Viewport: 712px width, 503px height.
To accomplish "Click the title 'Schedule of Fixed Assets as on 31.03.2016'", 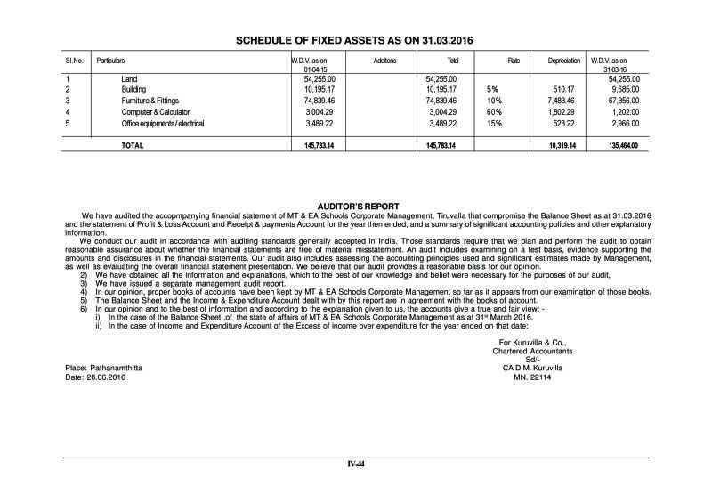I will tap(356, 41).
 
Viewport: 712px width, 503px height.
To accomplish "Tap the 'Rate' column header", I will tap(513, 61).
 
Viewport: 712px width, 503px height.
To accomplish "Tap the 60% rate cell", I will tap(494, 112).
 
